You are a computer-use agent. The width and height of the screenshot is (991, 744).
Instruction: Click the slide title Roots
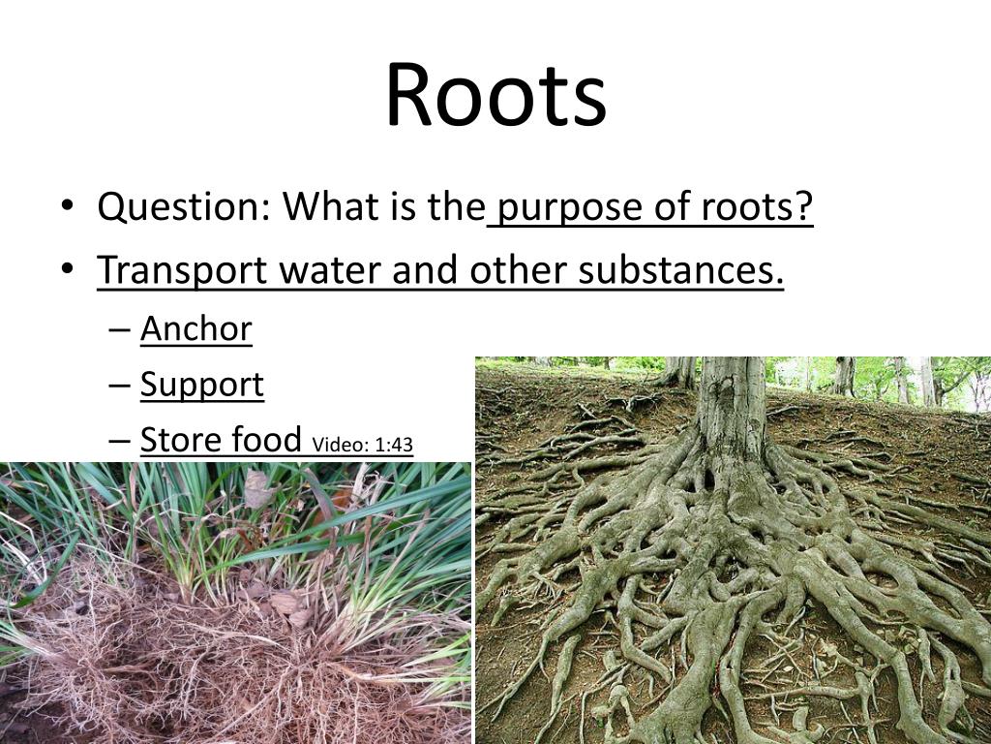tap(495, 95)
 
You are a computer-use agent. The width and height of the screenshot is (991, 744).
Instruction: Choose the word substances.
tap(681, 271)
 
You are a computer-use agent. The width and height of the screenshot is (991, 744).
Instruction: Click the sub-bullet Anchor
tap(196, 329)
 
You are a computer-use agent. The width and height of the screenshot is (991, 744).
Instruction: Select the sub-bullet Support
tap(202, 386)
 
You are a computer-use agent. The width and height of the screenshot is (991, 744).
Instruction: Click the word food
tap(265, 440)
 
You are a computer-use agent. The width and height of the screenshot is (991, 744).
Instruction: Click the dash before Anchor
tap(119, 330)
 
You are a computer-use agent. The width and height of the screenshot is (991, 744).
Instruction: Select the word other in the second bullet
tap(518, 271)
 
